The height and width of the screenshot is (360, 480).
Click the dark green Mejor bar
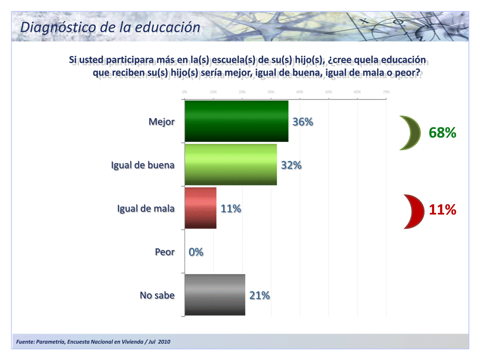[236, 121]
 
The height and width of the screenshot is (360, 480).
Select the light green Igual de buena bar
[230, 165]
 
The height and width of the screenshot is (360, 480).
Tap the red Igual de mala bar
[200, 208]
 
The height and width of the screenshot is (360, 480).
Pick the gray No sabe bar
[215, 295]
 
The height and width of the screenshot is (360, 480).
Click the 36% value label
[302, 122]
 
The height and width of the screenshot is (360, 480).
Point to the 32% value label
[291, 165]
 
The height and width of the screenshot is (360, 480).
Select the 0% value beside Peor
[195, 252]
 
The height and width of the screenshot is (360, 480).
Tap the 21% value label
[259, 295]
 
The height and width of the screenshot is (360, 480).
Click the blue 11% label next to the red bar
[231, 208]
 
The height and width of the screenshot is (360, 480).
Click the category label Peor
[164, 252]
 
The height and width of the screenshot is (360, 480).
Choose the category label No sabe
[157, 295]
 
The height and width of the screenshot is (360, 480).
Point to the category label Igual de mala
[145, 208]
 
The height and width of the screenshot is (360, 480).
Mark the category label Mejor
[161, 122]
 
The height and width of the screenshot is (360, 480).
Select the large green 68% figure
[442, 133]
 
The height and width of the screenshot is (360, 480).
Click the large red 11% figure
[442, 210]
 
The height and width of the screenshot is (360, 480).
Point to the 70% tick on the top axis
[386, 92]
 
